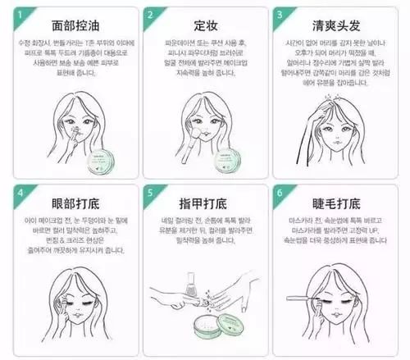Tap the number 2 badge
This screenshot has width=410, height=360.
tap(151, 16)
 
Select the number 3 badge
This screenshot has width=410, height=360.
tap(281, 16)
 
